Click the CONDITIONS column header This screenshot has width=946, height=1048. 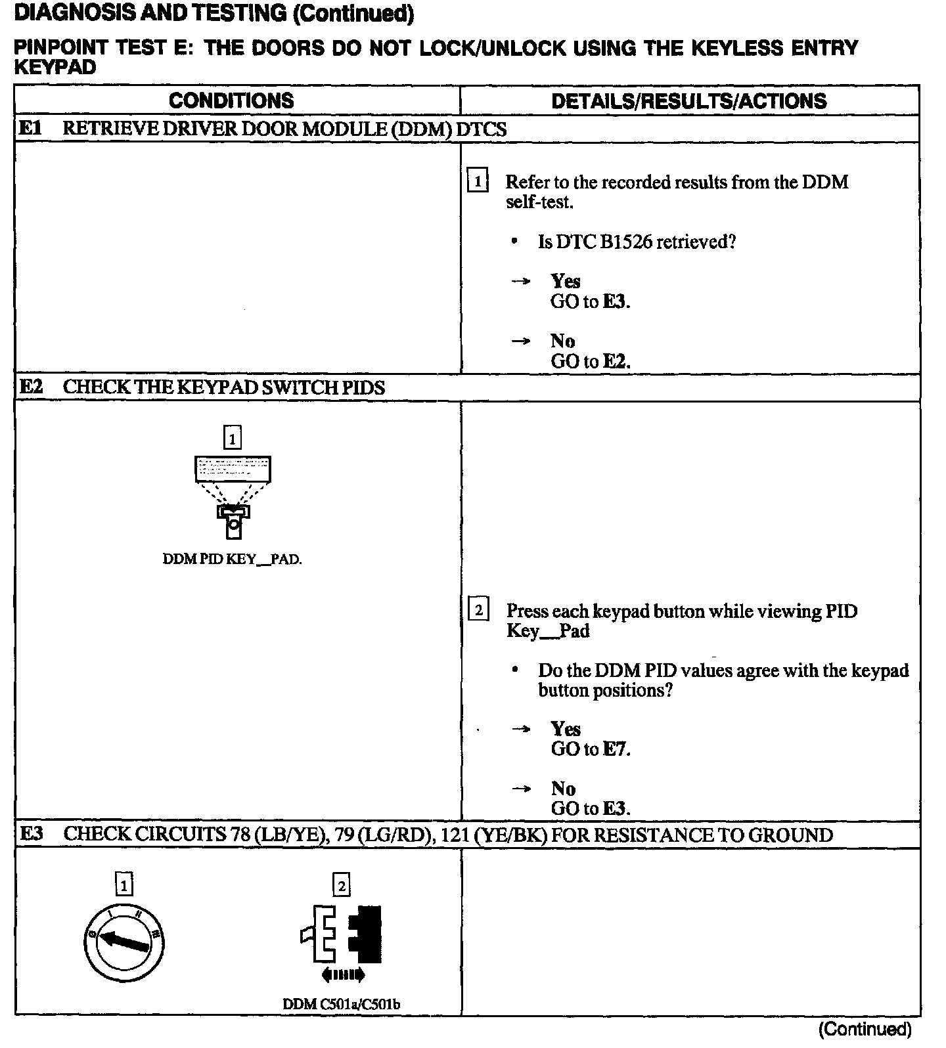pos(231,100)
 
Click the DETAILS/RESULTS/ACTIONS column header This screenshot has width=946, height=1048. pos(688,100)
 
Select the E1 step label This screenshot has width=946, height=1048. pos(30,128)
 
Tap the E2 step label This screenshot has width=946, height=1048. pos(31,387)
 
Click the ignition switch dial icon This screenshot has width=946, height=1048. pos(124,943)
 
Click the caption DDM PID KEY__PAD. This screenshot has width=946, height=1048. pos(232,559)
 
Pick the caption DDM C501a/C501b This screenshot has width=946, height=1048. pos(342,1005)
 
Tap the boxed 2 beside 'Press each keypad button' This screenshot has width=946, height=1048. pos(478,610)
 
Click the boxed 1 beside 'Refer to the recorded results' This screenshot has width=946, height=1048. pos(477,181)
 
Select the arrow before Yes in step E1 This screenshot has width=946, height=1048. pos(520,282)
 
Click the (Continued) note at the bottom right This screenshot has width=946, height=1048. pos(865,1029)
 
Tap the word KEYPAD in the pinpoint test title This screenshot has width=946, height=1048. pos(55,68)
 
